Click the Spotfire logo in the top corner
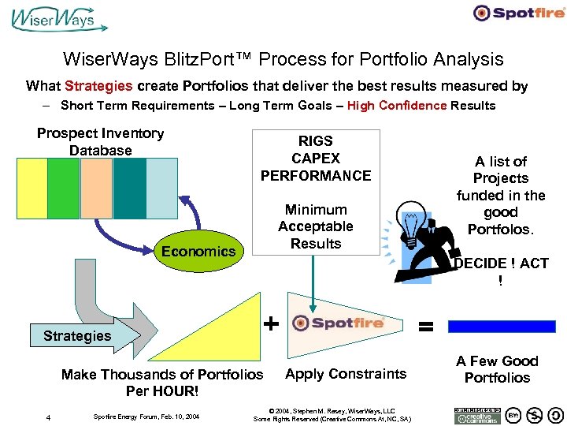click(518, 13)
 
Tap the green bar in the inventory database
click(63, 188)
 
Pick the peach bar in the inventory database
click(96, 188)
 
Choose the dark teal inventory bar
click(129, 188)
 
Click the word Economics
click(198, 251)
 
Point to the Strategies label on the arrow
click(77, 335)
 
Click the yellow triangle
click(229, 331)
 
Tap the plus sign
click(270, 323)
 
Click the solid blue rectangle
click(502, 326)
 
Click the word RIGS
click(316, 141)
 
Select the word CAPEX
click(316, 158)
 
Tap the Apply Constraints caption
click(346, 374)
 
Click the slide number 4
click(48, 417)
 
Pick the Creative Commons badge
click(476, 416)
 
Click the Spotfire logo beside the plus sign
click(337, 323)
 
